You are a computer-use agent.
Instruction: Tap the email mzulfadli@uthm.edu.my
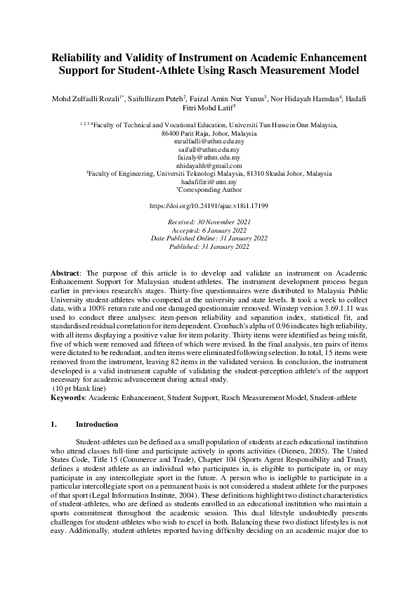pyautogui.click(x=209, y=141)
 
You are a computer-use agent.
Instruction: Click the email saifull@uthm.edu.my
pyautogui.click(x=209, y=150)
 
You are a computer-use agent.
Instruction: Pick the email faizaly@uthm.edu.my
pyautogui.click(x=209, y=158)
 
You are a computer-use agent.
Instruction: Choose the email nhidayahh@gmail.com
pyautogui.click(x=209, y=166)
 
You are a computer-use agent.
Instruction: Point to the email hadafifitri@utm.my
pyautogui.click(x=209, y=181)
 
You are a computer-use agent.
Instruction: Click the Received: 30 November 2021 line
pyautogui.click(x=209, y=222)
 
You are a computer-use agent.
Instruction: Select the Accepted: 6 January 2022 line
pyautogui.click(x=209, y=230)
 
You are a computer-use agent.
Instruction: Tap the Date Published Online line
pyautogui.click(x=209, y=238)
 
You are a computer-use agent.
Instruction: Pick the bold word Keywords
pyautogui.click(x=68, y=398)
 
